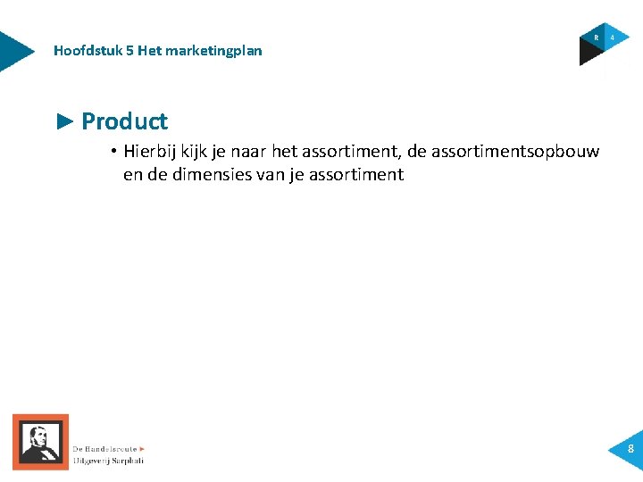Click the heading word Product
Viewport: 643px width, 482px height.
click(124, 121)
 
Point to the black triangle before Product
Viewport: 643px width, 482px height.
click(65, 120)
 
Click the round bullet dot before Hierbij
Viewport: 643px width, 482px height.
click(116, 151)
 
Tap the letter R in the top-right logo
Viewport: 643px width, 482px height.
click(596, 37)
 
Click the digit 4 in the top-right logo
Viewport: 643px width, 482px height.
click(613, 37)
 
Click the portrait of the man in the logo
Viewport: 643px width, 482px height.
click(39, 441)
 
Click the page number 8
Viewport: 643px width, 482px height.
click(630, 449)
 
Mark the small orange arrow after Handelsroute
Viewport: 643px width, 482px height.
click(142, 448)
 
